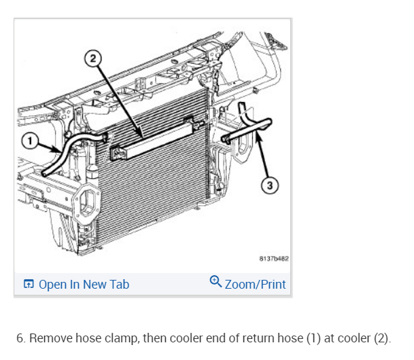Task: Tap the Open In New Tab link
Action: coord(84,285)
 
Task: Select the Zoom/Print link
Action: coord(255,285)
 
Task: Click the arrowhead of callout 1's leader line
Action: coord(66,154)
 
